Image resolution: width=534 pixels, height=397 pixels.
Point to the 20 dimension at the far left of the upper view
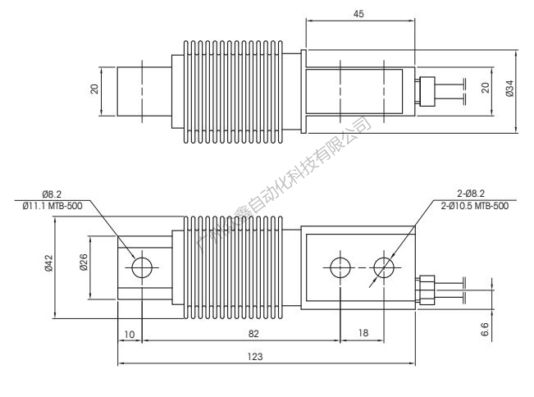[94, 89]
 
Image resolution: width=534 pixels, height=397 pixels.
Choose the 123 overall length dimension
[263, 357]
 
